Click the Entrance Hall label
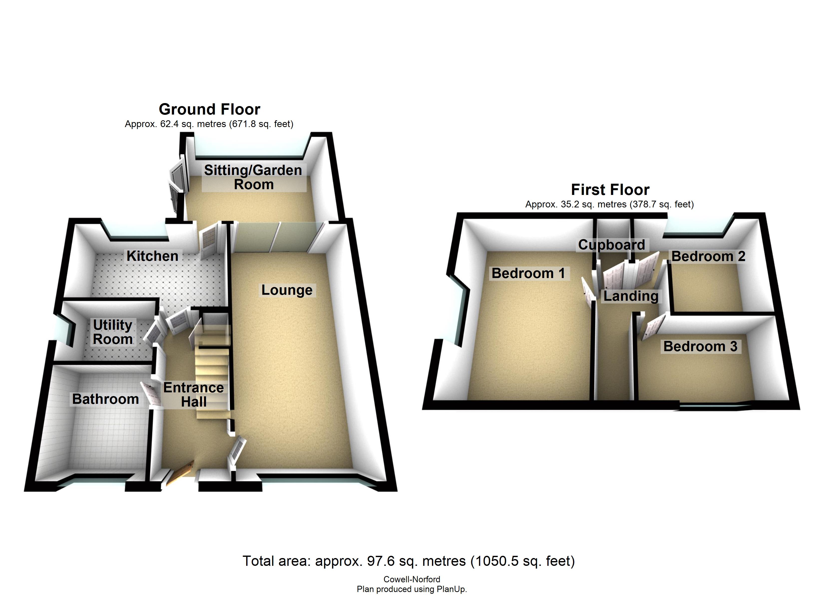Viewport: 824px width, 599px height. point(194,395)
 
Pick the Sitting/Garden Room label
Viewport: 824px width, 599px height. point(253,177)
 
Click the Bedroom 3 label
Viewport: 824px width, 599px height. point(700,346)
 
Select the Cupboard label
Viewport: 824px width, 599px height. point(612,245)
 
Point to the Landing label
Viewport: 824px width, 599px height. point(631,296)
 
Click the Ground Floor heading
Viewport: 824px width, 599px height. point(210,109)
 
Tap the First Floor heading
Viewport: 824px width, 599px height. point(610,190)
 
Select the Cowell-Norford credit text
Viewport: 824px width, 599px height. point(412,579)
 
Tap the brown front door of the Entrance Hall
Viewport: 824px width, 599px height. point(180,473)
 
